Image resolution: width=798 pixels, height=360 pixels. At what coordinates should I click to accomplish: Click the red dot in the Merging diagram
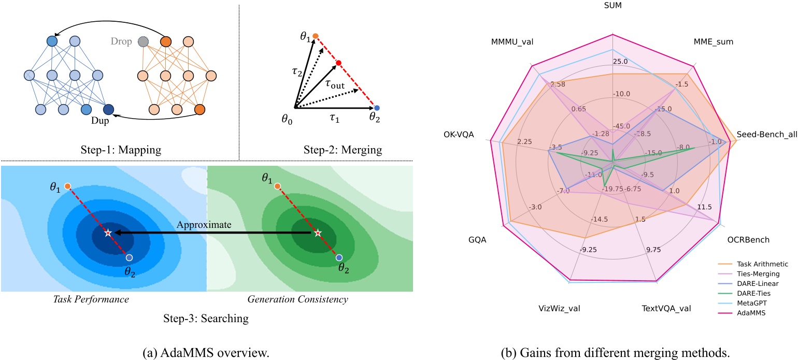[338, 64]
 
